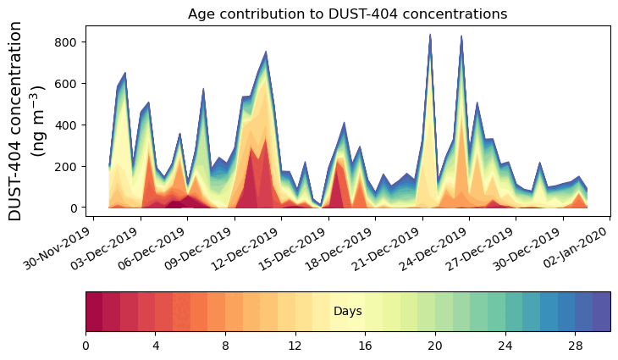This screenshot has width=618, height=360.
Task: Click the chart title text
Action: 347,14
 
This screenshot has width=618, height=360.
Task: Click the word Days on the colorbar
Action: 348,312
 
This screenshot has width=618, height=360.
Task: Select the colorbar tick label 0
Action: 86,346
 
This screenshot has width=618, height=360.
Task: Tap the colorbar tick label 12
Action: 295,346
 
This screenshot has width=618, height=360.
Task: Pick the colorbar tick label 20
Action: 435,346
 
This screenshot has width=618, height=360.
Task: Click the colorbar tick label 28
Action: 575,346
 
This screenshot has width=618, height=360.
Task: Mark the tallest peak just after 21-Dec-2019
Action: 430,36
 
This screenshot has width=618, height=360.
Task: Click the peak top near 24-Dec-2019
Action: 461,36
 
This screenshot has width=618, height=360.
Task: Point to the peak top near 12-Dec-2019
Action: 266,53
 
